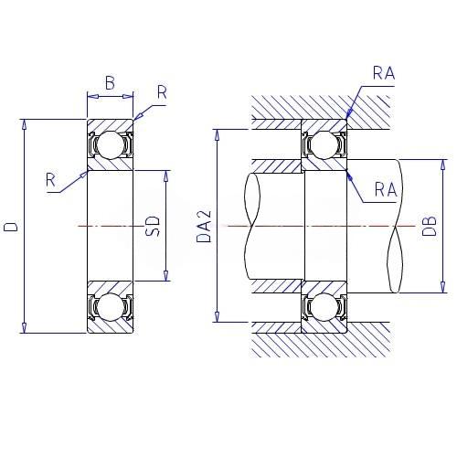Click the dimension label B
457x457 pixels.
[x=110, y=82]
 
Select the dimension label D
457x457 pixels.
[x=11, y=227]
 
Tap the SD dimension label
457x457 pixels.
[x=153, y=227]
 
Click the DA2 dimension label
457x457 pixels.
[x=204, y=227]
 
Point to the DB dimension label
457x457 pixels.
[x=430, y=226]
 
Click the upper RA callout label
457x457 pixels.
[x=384, y=73]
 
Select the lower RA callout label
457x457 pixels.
[x=386, y=189]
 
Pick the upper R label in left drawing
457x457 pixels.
[x=162, y=92]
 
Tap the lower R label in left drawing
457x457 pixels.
[x=50, y=180]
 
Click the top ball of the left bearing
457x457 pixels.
[x=111, y=145]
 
